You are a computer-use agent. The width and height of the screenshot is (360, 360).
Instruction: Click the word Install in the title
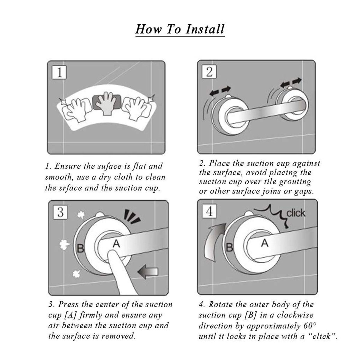(205, 29)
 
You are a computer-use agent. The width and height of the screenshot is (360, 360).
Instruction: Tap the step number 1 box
(60, 72)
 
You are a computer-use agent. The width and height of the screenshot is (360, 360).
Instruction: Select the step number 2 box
(209, 72)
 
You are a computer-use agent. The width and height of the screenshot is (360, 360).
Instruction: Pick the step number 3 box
(60, 212)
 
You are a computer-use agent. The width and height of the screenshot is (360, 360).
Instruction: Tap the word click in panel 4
(295, 213)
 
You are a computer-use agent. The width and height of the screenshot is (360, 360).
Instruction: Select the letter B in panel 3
(80, 248)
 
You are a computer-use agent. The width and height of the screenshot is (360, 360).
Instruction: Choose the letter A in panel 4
(264, 243)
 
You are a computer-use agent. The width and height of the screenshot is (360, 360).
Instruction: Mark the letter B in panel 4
(229, 248)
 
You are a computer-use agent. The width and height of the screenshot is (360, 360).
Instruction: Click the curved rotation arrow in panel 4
(214, 243)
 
